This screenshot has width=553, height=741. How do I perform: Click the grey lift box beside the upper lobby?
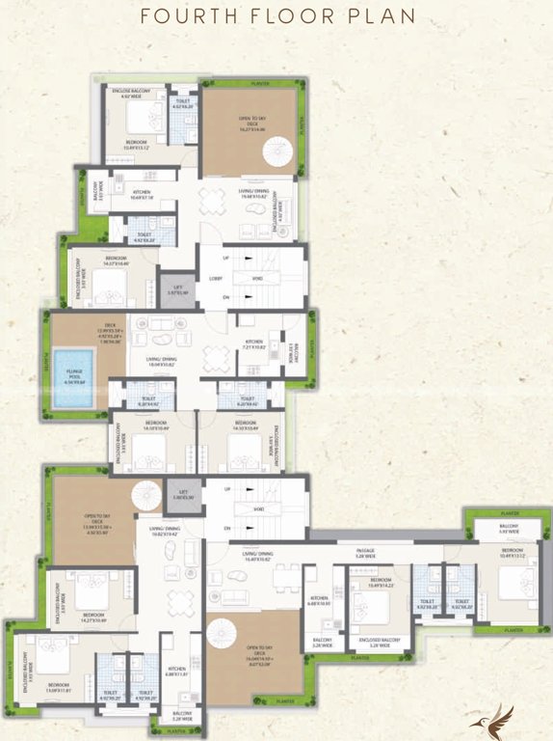click(x=175, y=290)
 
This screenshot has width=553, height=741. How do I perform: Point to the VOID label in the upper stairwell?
click(x=257, y=277)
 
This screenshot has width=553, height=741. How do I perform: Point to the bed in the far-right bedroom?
click(x=514, y=585)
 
